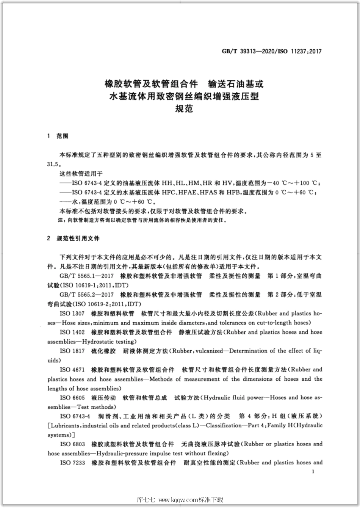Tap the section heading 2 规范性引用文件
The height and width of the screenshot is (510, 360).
click(73, 239)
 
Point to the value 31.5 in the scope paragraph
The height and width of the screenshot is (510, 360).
click(53, 165)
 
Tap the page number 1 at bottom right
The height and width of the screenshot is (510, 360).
click(313, 472)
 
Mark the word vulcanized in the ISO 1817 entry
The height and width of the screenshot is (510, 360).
click(209, 351)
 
